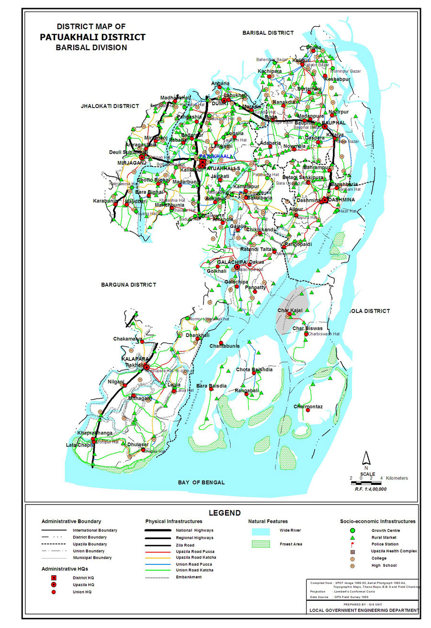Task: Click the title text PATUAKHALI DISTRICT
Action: point(93,37)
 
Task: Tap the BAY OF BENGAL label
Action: point(201,482)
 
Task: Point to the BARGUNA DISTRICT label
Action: point(128,285)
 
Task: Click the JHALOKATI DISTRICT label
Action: point(110,106)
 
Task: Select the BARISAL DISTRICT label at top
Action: point(268,33)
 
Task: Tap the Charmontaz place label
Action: point(308,407)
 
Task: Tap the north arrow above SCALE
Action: point(365,458)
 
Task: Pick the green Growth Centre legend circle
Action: point(352,530)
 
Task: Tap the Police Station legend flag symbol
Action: point(352,544)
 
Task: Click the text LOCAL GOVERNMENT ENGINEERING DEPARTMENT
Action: point(364,610)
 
